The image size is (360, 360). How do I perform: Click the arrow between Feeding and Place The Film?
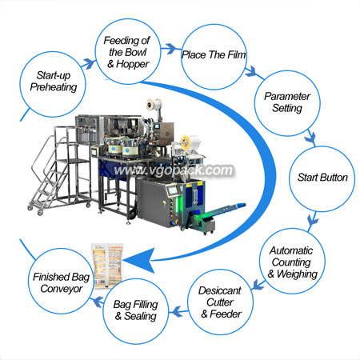170,48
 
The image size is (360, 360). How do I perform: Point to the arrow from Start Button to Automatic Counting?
313,220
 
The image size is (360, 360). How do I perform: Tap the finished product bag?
107,265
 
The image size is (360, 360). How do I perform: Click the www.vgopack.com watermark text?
174,170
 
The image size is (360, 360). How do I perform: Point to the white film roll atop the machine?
154,105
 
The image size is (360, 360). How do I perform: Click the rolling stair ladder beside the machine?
60,170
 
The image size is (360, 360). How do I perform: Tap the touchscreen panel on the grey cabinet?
173,190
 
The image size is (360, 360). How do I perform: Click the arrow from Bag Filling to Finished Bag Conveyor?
97,302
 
